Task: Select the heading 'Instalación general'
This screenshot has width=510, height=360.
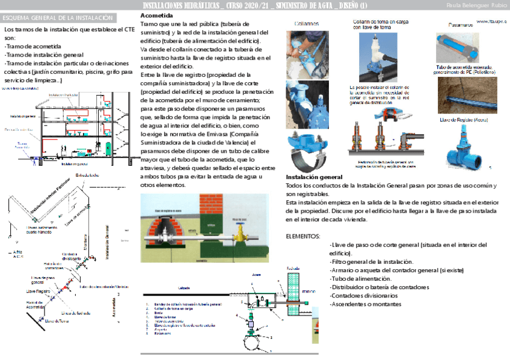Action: click(x=314, y=177)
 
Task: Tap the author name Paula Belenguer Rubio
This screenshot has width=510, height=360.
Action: click(x=475, y=5)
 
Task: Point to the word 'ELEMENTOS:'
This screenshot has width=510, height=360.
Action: click(x=303, y=236)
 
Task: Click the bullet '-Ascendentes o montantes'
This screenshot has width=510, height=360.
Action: click(x=365, y=304)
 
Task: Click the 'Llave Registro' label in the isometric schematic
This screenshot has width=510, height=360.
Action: click(x=38, y=290)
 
